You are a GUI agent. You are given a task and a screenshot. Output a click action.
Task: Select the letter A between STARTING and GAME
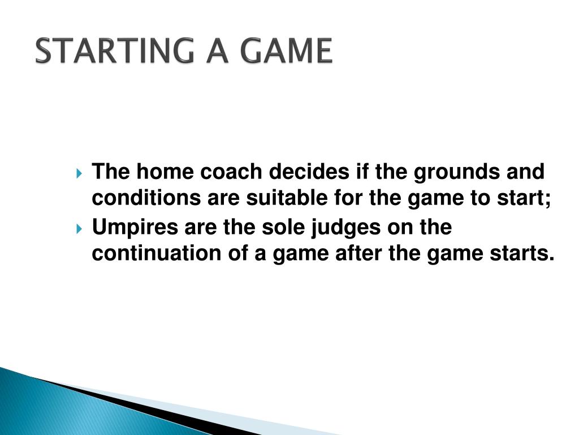tap(218, 50)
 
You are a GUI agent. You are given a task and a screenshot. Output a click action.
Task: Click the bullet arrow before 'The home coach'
tap(79, 173)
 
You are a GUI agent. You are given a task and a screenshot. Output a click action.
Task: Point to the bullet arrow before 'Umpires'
tap(79, 229)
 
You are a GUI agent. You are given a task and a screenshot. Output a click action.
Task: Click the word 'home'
tap(165, 172)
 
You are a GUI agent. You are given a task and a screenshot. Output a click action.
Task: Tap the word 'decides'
tap(309, 172)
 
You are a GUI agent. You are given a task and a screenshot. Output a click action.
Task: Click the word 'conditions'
tap(146, 198)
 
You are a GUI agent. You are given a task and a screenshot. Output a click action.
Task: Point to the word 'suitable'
tap(287, 198)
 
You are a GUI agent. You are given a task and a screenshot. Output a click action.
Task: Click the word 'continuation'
tap(157, 253)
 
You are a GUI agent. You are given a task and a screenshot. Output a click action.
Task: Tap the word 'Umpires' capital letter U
tap(100, 227)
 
